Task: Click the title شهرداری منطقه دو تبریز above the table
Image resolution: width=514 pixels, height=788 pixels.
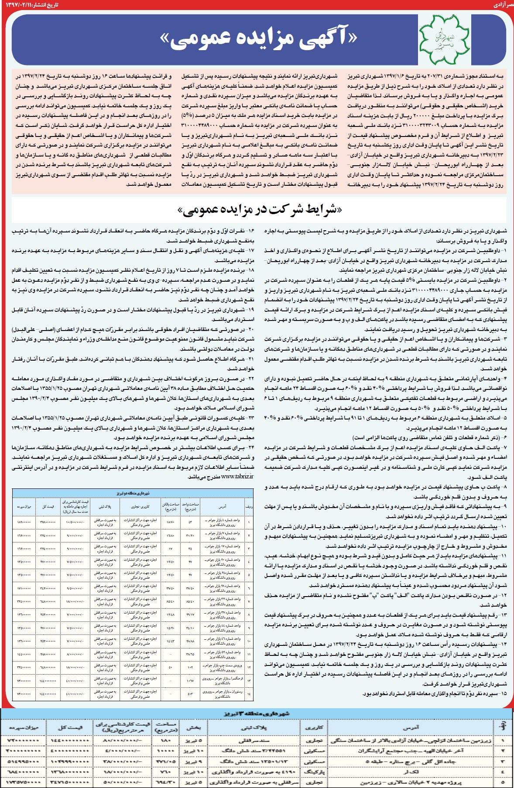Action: point(133,492)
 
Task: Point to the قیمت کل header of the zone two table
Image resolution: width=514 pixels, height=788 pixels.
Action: point(48,507)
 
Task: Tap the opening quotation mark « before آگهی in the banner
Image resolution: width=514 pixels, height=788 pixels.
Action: point(352,38)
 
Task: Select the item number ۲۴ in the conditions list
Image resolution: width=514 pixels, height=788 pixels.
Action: point(250,447)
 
